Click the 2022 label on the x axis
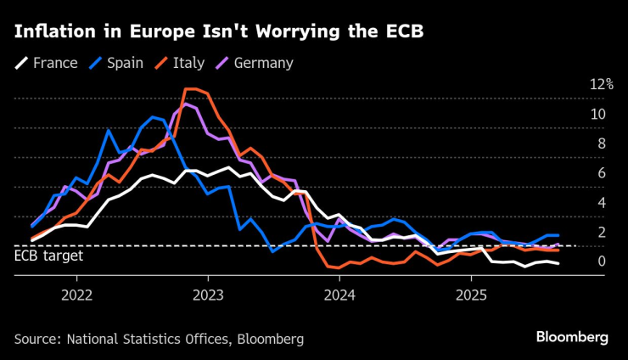click(x=77, y=295)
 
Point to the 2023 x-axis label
click(x=209, y=295)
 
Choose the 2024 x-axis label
click(x=340, y=295)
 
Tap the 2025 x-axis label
click(x=472, y=295)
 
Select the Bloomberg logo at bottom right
click(x=572, y=337)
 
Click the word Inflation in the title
click(x=51, y=33)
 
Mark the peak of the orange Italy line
click(x=192, y=89)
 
